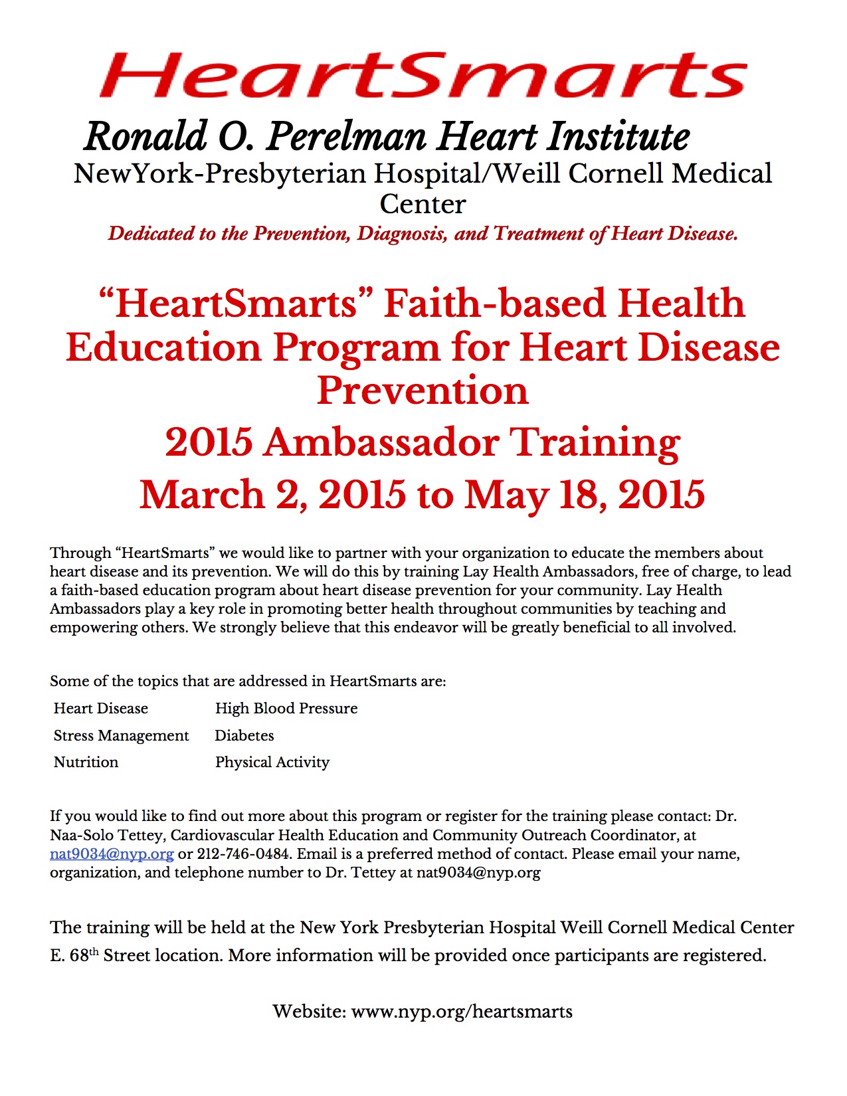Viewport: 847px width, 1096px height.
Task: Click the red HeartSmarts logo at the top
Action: [423, 74]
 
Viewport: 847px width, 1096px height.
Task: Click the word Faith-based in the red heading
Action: [495, 304]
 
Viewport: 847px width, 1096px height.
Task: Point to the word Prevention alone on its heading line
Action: [423, 391]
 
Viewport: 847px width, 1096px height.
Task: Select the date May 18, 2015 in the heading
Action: [585, 495]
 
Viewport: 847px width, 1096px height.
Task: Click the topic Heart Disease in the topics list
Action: [101, 708]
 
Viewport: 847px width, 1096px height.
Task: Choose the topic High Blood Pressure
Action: [286, 708]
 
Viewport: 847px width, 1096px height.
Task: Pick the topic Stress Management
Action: [122, 735]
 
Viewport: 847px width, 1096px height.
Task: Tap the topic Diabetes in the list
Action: [244, 735]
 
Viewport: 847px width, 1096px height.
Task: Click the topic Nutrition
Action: [86, 762]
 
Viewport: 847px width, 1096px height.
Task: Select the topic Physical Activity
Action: [272, 762]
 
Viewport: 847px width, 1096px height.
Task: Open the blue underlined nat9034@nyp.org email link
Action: [112, 854]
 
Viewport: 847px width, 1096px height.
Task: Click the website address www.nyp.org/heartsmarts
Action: [462, 1012]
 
